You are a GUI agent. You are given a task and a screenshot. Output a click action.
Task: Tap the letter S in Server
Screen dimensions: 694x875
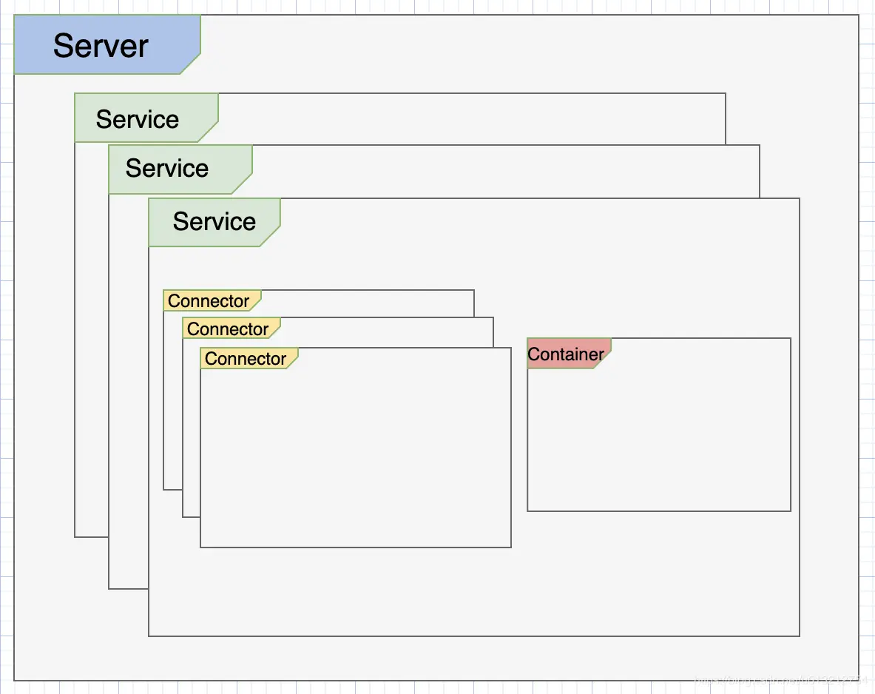pyautogui.click(x=64, y=46)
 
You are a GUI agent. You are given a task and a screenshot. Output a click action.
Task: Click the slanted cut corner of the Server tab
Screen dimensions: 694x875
pyautogui.click(x=191, y=64)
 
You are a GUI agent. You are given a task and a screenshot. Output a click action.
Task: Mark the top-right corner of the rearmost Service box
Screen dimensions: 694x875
pyautogui.click(x=726, y=94)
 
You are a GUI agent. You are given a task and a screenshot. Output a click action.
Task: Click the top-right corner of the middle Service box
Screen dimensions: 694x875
pyautogui.click(x=760, y=146)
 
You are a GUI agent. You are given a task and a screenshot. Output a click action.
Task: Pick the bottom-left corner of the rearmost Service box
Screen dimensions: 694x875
pyautogui.click(x=75, y=536)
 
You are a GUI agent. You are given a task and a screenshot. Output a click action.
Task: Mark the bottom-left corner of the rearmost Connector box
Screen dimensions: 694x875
pyautogui.click(x=164, y=489)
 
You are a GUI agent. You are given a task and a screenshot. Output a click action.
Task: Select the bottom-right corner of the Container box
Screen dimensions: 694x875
pyautogui.click(x=791, y=511)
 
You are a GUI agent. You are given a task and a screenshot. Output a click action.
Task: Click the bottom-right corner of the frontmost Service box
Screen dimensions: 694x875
pyautogui.click(x=800, y=636)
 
